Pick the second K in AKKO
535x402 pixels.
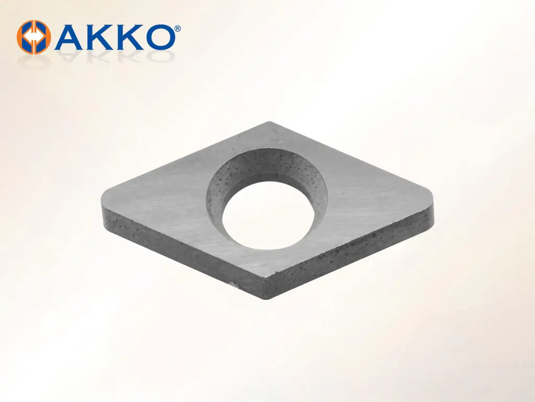127,37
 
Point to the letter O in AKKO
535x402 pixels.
158,37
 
